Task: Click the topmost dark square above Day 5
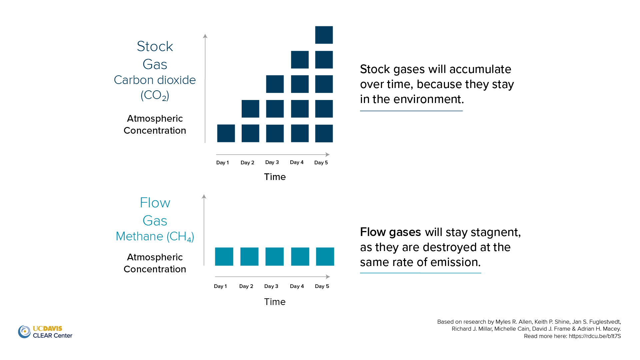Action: click(x=324, y=35)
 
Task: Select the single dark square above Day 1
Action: click(x=226, y=133)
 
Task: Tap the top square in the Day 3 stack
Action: click(x=275, y=84)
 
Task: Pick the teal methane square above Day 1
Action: click(x=224, y=257)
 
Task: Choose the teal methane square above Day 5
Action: click(x=325, y=257)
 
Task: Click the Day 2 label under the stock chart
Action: click(x=247, y=163)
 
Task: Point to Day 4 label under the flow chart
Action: click(x=297, y=286)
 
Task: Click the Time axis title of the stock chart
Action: click(x=275, y=177)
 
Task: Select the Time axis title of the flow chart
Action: click(x=275, y=302)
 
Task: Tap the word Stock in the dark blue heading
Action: click(x=155, y=46)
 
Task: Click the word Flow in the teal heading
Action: click(x=155, y=203)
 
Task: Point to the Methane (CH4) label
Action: click(x=155, y=237)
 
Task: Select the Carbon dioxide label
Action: click(x=155, y=80)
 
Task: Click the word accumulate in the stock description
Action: click(x=480, y=69)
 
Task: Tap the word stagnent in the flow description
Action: click(x=496, y=232)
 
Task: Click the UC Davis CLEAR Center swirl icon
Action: click(x=24, y=332)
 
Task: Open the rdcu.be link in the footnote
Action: click(x=595, y=336)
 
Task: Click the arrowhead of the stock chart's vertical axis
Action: click(x=205, y=36)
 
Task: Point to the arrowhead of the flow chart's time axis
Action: click(x=328, y=277)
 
